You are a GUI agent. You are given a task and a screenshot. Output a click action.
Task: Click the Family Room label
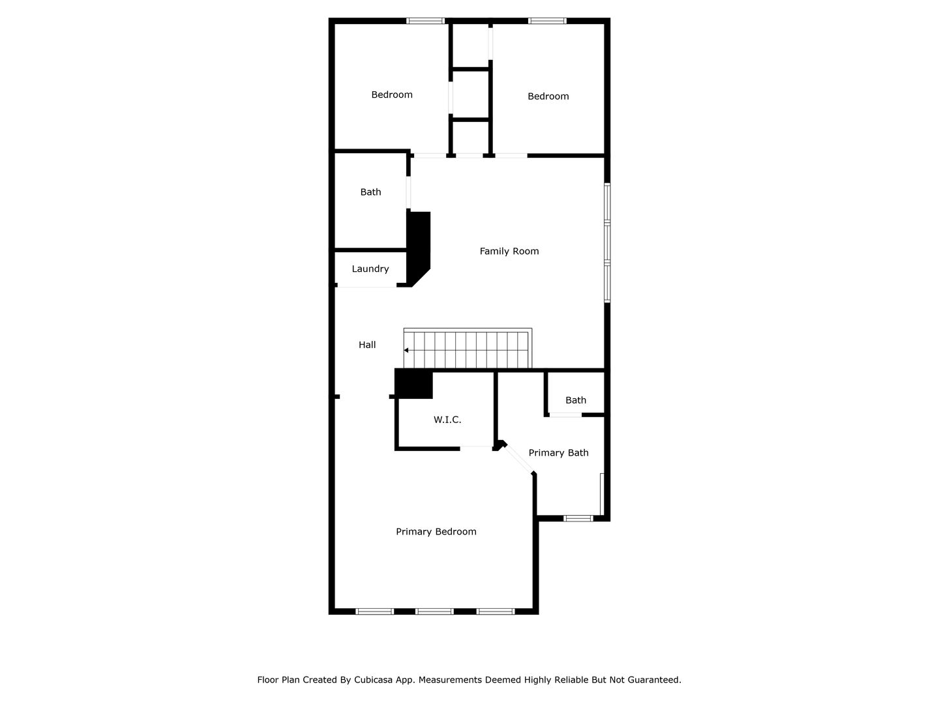509,252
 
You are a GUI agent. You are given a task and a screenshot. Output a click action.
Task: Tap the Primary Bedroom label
436,532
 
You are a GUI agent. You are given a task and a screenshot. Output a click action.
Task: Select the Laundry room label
370,269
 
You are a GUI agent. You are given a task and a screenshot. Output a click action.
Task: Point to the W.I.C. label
447,420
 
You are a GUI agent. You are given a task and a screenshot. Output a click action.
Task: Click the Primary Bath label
558,453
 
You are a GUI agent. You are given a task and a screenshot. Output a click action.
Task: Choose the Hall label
367,345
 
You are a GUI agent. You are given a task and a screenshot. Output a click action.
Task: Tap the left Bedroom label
392,95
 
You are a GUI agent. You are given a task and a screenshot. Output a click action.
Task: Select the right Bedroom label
548,96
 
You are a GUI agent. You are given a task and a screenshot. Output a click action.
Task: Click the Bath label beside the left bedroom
370,192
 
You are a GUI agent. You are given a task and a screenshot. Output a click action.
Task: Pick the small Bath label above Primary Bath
575,400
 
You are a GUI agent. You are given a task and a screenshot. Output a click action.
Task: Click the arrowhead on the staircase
406,351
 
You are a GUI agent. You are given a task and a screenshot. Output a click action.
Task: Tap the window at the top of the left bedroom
425,21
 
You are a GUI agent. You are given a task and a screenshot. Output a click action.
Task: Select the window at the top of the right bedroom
547,21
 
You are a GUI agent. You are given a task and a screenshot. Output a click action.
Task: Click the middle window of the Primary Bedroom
434,611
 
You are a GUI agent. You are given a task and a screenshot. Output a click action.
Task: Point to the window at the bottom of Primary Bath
578,518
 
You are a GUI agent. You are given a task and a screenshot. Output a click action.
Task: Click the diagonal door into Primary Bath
519,459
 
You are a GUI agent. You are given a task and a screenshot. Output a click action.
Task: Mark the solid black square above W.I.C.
413,384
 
